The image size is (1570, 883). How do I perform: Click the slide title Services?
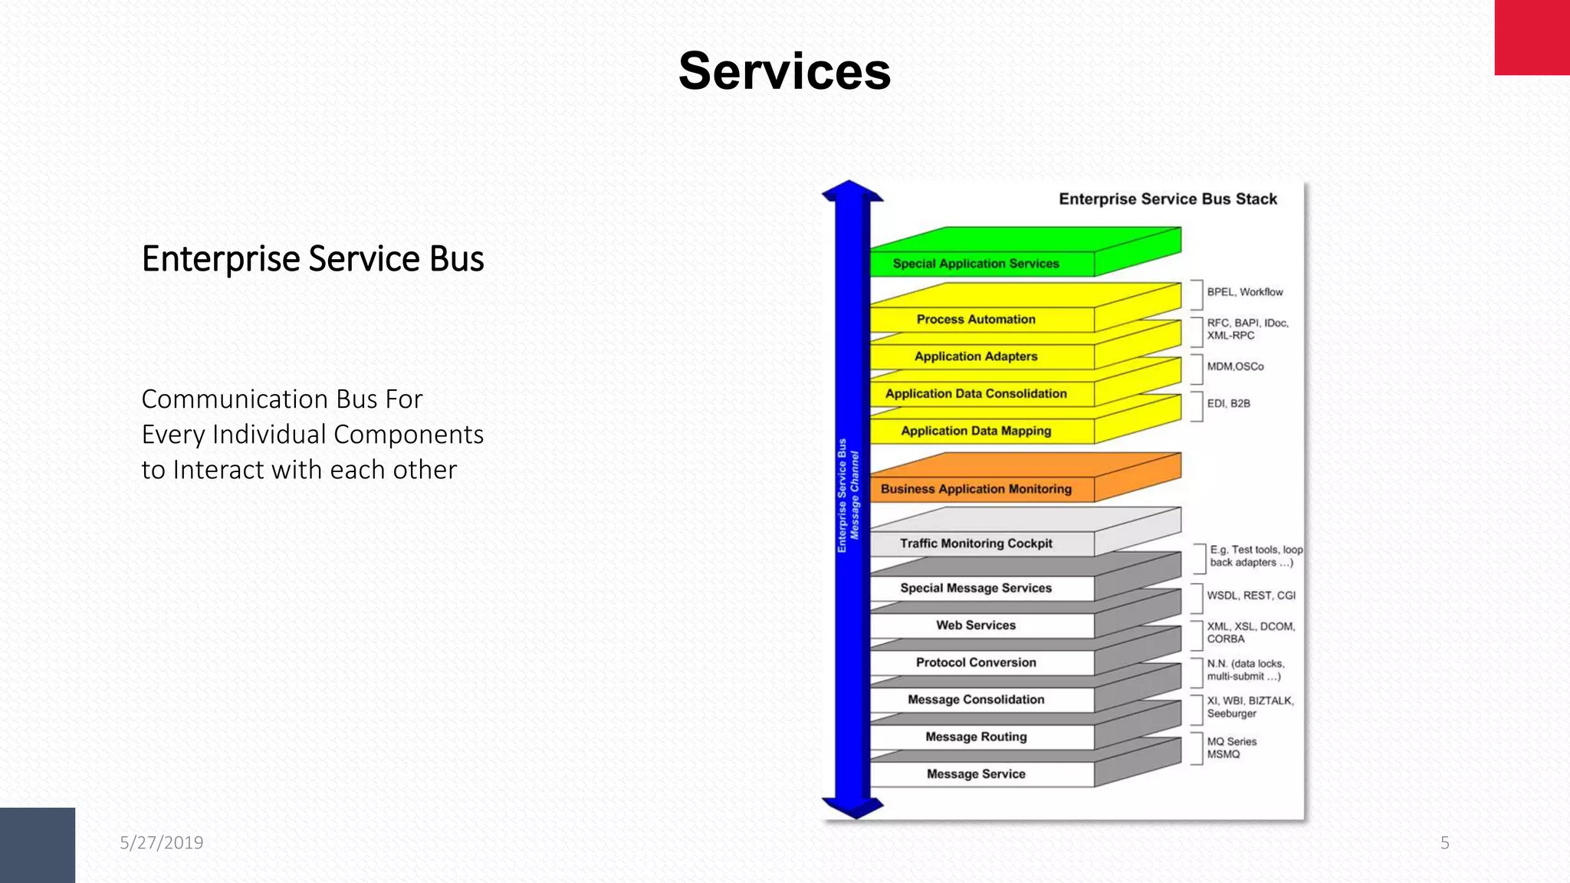[784, 71]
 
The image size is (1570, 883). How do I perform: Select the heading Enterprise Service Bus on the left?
[312, 259]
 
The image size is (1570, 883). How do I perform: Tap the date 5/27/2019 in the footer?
[161, 842]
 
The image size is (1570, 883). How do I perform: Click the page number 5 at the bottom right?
[1444, 842]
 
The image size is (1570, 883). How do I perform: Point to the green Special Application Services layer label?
[975, 264]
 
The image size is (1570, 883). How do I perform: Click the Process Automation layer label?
[975, 320]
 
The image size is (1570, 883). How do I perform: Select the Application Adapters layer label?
[975, 356]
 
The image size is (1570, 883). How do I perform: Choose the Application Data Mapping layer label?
[975, 431]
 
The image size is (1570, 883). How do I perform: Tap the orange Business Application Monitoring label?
[975, 489]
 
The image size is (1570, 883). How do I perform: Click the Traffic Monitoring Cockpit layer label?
[975, 543]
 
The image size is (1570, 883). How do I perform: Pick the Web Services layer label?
[975, 625]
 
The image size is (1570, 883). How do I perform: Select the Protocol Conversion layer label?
[975, 662]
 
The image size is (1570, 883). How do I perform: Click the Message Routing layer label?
[975, 737]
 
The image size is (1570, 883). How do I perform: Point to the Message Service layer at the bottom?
[975, 774]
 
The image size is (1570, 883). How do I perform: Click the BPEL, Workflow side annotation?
[1244, 292]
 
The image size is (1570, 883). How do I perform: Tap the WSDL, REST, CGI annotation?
[1250, 596]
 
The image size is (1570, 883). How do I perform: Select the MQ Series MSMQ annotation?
[1231, 748]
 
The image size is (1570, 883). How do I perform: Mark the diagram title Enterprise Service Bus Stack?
[1168, 199]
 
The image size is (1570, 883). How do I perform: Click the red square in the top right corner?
[1532, 38]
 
